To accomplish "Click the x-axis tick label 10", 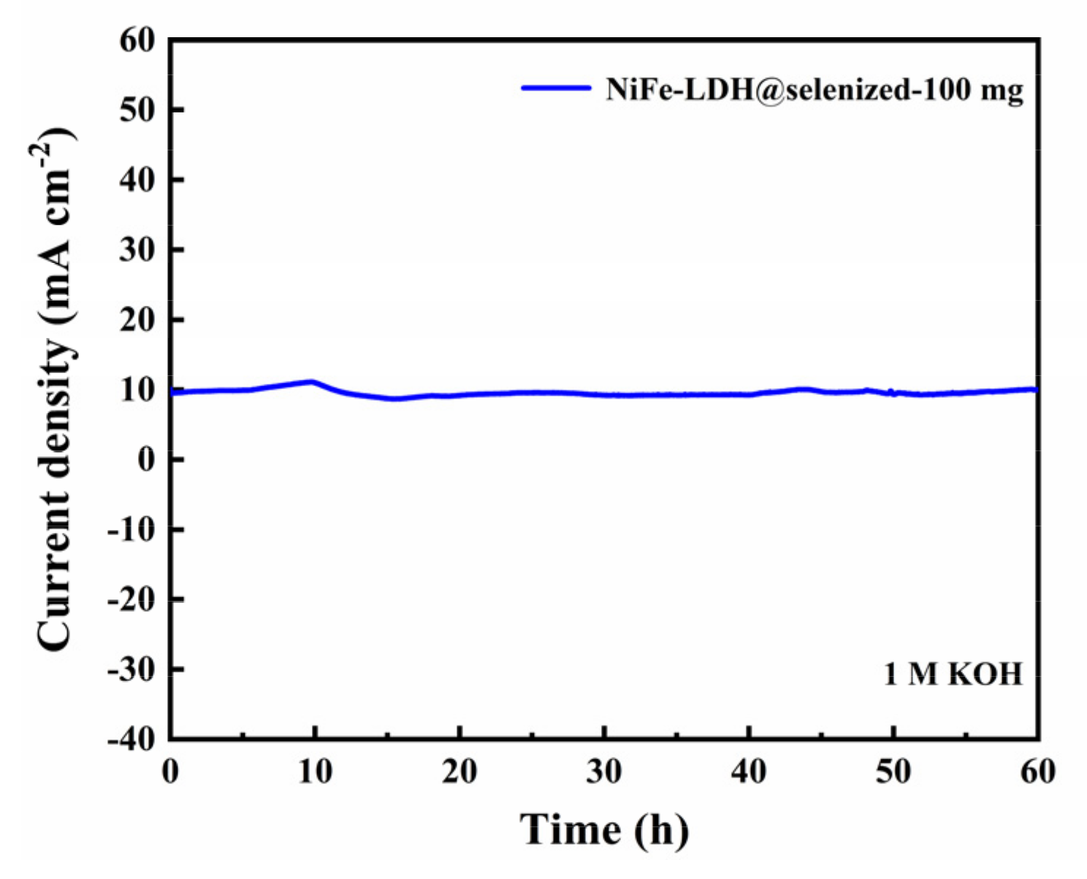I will tap(315, 772).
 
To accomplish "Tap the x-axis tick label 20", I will tap(459, 772).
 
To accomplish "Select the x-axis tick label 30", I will tap(603, 772).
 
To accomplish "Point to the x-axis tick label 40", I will tap(748, 772).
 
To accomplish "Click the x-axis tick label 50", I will tap(893, 772).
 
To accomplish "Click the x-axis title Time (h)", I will tap(604, 830).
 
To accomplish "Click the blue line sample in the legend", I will tap(556, 88).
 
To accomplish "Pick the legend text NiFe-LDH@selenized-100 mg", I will tap(814, 90).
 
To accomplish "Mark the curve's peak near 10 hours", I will tap(312, 381).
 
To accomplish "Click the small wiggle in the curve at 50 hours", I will tap(892, 393).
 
